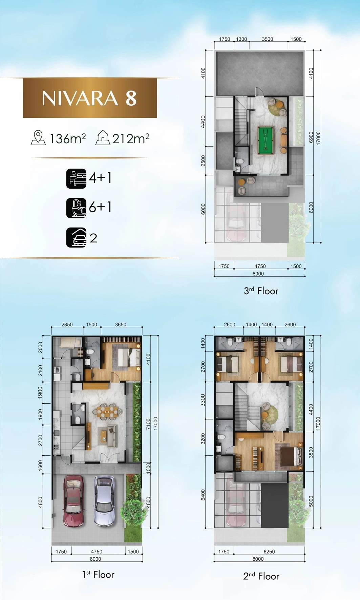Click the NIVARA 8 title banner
click(x=90, y=98)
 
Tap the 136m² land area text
click(x=68, y=138)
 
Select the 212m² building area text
click(x=131, y=138)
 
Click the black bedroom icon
click(x=76, y=178)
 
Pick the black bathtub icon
click(x=76, y=208)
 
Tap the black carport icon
click(x=76, y=237)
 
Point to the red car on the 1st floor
click(x=73, y=501)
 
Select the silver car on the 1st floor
click(x=104, y=501)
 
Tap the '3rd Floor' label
click(x=261, y=291)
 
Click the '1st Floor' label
click(x=98, y=575)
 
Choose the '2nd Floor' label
click(x=261, y=576)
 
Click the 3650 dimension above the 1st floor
click(x=121, y=324)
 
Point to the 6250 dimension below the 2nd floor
click(x=269, y=552)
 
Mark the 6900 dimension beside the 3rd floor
click(x=311, y=137)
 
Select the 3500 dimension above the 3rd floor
click(x=268, y=39)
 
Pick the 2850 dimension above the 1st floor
click(x=67, y=324)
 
